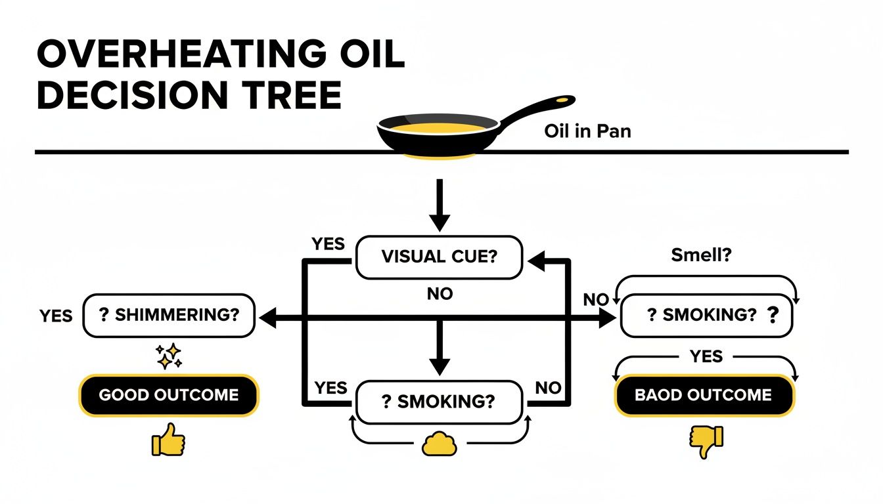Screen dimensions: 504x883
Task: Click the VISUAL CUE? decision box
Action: (x=439, y=257)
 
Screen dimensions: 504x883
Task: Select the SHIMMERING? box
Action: (x=169, y=315)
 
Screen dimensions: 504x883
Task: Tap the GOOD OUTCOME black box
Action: (x=169, y=396)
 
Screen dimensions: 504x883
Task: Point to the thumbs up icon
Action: (x=168, y=440)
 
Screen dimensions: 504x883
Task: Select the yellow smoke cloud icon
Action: (x=439, y=445)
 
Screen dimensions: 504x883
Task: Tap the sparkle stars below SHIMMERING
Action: (x=169, y=356)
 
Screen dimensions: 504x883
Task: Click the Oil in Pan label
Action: (x=587, y=131)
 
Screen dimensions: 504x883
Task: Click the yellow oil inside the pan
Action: (x=436, y=127)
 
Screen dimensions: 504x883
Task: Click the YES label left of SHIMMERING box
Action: (x=56, y=316)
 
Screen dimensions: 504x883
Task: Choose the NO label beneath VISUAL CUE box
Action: (x=440, y=294)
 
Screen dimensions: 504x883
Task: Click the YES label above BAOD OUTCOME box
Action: (x=706, y=357)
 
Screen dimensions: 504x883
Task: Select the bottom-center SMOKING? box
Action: (x=439, y=402)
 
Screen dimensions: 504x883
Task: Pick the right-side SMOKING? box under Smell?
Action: (x=706, y=315)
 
